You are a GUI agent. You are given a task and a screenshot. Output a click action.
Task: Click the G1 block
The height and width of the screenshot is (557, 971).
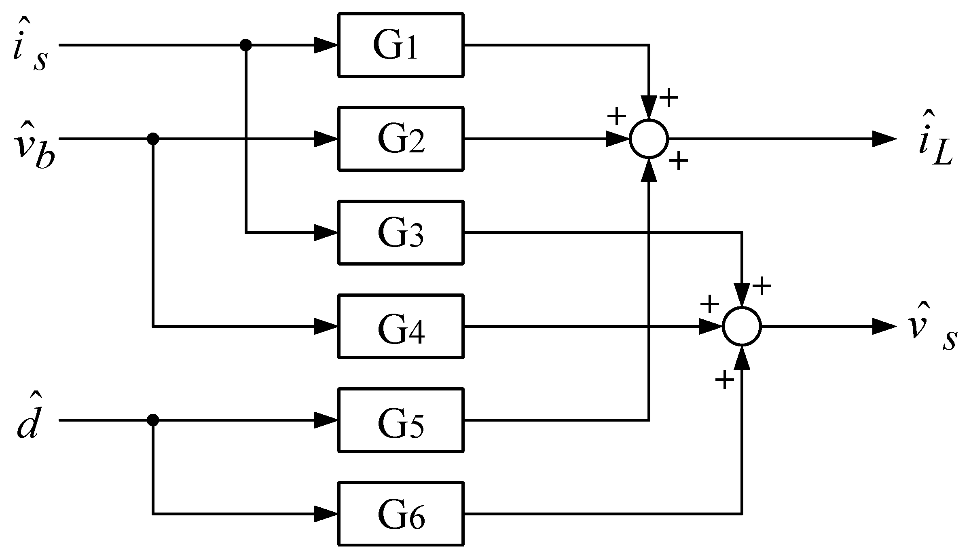400,45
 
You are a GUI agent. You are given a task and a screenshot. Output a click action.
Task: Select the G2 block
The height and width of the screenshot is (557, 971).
400,139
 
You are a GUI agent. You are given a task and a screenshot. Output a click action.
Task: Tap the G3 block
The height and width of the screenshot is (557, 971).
400,232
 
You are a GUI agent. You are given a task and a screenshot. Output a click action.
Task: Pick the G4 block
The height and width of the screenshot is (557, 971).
400,326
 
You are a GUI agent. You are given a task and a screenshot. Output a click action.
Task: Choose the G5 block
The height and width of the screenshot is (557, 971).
400,420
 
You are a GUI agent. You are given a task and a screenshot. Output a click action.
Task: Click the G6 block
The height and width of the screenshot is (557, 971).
400,514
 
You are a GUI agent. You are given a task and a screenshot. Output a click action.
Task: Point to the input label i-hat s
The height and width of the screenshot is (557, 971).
30,51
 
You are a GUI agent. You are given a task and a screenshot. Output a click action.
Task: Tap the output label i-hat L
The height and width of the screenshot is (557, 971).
934,141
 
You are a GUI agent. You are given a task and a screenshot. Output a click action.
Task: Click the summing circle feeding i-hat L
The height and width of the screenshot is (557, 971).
649,139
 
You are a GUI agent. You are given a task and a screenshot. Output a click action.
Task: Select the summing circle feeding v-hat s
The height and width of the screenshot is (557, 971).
742,326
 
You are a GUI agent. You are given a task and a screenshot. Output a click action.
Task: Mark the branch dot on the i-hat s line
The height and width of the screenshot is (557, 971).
245,45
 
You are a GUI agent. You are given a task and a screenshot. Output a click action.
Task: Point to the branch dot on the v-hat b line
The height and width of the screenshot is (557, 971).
152,139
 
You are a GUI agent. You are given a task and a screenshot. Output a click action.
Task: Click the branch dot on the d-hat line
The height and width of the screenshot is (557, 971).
152,420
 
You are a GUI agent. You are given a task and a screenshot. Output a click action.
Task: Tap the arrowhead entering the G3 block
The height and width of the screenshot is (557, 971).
326,232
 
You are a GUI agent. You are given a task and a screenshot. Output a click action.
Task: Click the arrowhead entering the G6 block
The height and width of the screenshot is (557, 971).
326,514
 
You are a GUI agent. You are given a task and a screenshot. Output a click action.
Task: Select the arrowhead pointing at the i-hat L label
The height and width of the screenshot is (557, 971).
884,139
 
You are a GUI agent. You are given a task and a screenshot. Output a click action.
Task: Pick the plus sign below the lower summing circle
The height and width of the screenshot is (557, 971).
725,380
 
